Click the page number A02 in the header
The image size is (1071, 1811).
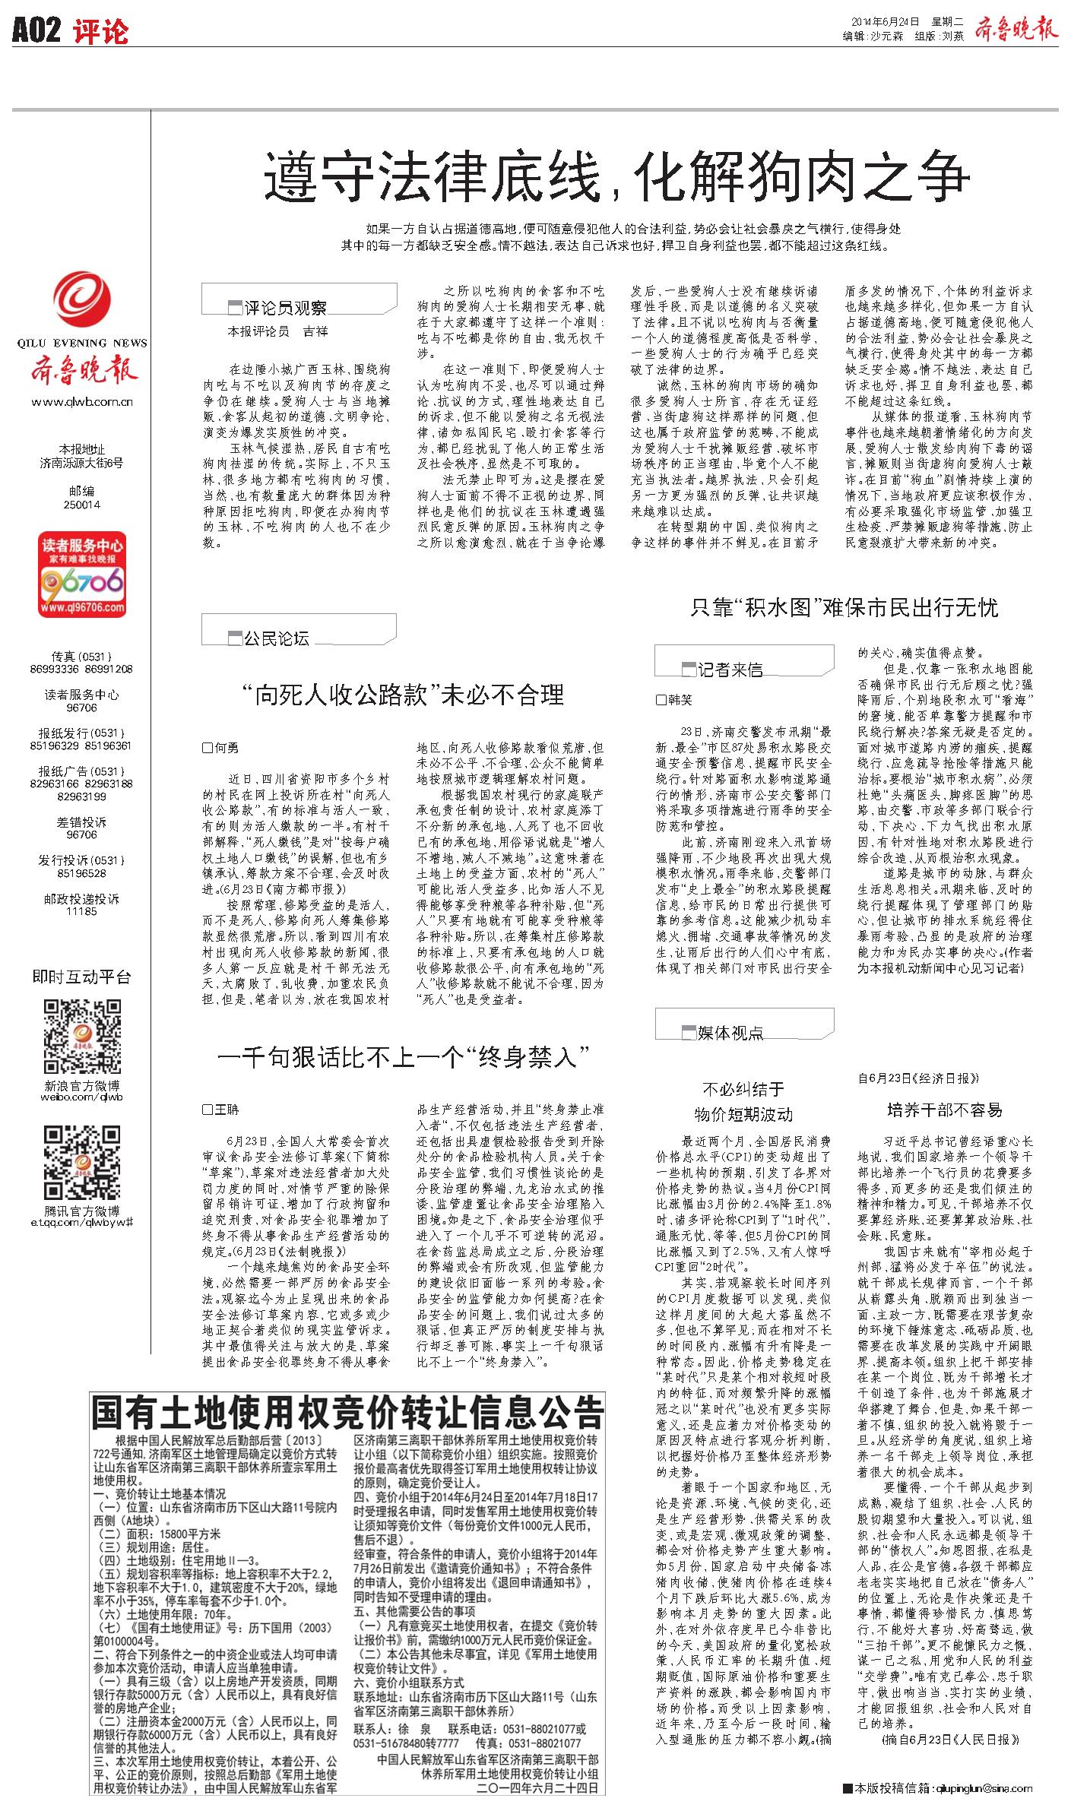point(36,31)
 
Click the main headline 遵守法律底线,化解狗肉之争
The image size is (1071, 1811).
point(616,176)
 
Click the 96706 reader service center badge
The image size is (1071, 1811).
point(82,575)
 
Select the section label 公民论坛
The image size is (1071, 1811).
point(276,638)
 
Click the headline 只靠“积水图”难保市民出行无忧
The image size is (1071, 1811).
point(844,607)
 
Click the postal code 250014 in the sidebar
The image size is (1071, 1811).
point(82,504)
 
